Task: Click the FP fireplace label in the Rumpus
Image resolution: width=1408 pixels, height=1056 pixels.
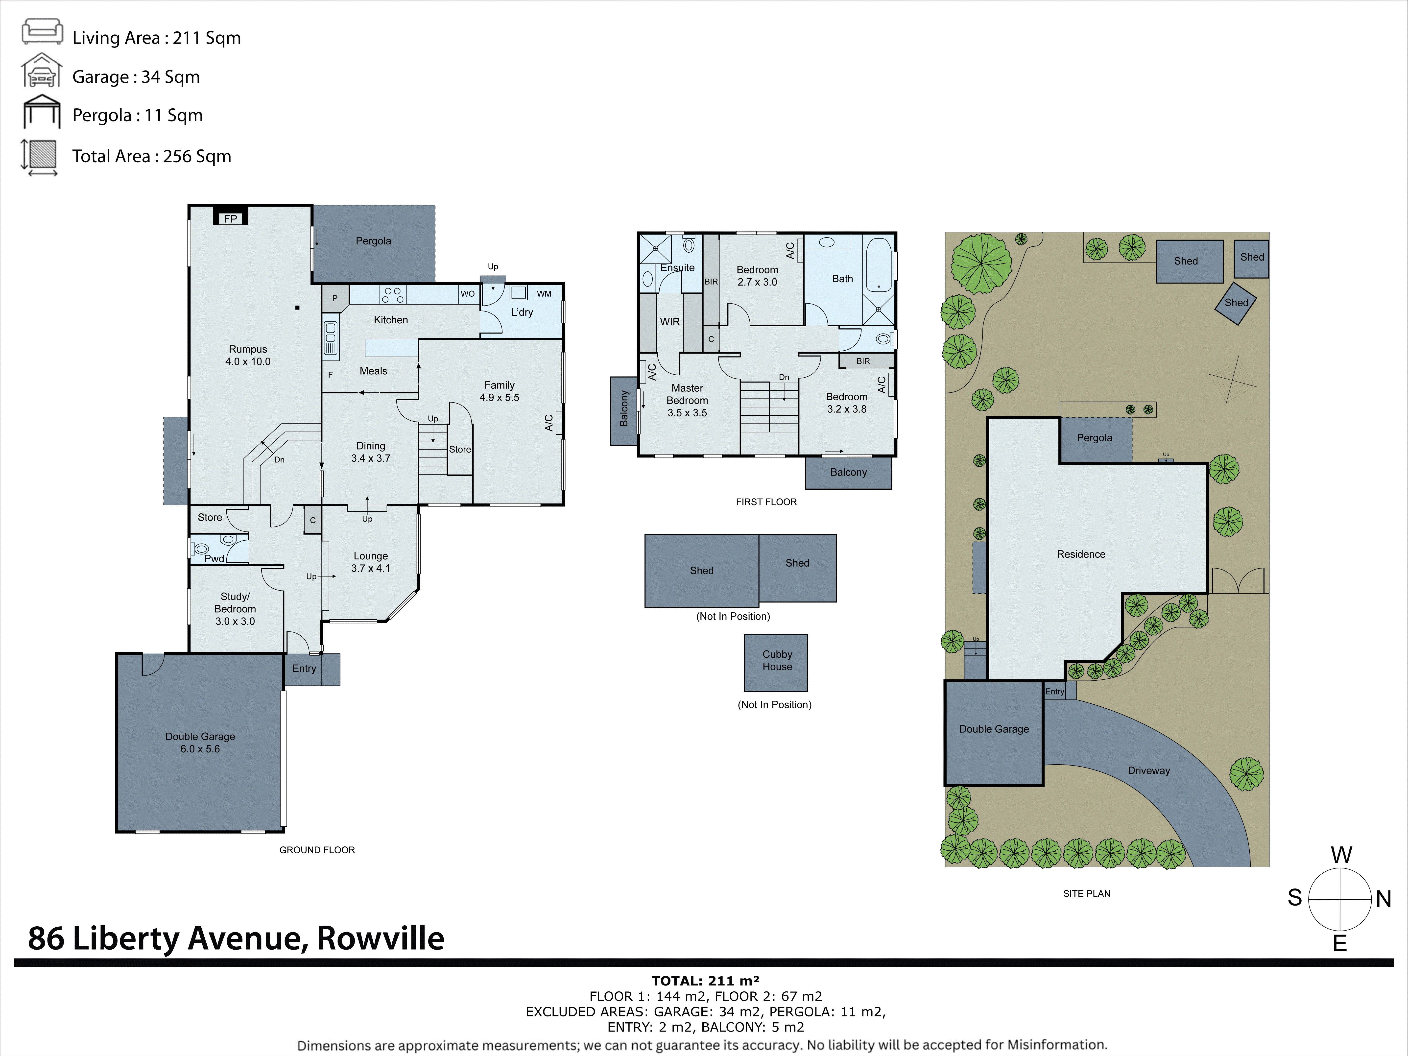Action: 230,218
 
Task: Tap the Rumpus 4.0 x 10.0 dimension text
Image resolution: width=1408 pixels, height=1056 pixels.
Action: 248,361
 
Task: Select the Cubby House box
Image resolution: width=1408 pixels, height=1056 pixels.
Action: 776,662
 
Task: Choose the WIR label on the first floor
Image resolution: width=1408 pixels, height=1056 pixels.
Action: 670,321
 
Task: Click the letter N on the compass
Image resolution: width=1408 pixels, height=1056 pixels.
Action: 1383,899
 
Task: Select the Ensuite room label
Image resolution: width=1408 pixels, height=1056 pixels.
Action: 677,267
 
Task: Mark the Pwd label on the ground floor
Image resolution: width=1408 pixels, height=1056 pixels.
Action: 214,558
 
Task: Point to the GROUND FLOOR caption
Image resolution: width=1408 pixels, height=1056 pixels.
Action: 317,850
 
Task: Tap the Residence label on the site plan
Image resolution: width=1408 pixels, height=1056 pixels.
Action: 1081,554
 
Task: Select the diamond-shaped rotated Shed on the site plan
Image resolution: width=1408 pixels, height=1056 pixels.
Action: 1236,303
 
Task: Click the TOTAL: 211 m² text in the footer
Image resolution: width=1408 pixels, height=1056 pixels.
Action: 705,981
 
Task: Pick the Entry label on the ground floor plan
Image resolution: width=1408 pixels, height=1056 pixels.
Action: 304,668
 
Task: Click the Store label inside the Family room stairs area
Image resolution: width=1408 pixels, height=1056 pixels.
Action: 460,449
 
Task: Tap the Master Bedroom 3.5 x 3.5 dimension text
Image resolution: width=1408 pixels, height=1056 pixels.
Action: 687,412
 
